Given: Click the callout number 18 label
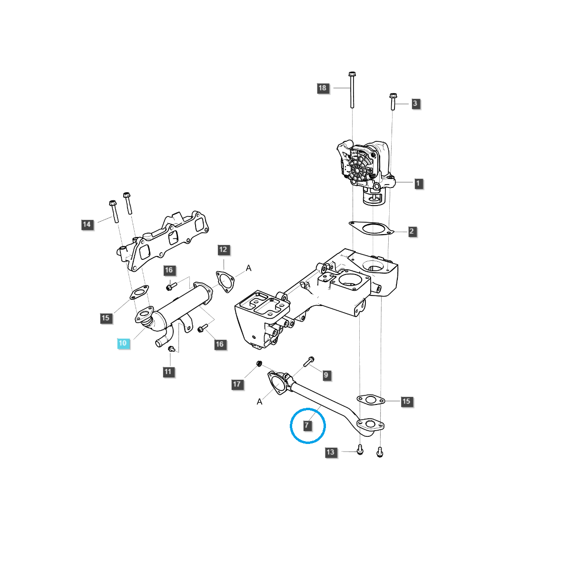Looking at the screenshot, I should tap(323, 88).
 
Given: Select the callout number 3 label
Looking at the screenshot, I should tap(415, 103).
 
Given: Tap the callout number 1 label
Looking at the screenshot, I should tap(418, 183).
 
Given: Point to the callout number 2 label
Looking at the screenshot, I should tap(412, 232).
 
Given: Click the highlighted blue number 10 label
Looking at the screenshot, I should tap(123, 343).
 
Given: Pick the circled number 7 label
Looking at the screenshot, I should tap(307, 425).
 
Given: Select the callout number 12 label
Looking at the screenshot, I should tap(223, 250).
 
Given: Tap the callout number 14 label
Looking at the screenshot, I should tap(87, 225).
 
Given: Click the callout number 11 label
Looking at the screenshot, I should tap(168, 372).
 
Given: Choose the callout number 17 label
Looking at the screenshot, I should tap(237, 384).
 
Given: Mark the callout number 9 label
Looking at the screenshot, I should tap(326, 375).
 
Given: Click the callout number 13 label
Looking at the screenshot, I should tap(331, 452).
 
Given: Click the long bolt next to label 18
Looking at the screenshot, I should tap(352, 90).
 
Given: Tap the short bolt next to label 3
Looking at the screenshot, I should tap(393, 102).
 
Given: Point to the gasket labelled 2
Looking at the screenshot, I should tap(372, 228).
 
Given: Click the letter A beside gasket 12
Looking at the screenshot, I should tap(248, 269).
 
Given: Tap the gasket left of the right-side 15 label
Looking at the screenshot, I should tap(370, 400).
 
